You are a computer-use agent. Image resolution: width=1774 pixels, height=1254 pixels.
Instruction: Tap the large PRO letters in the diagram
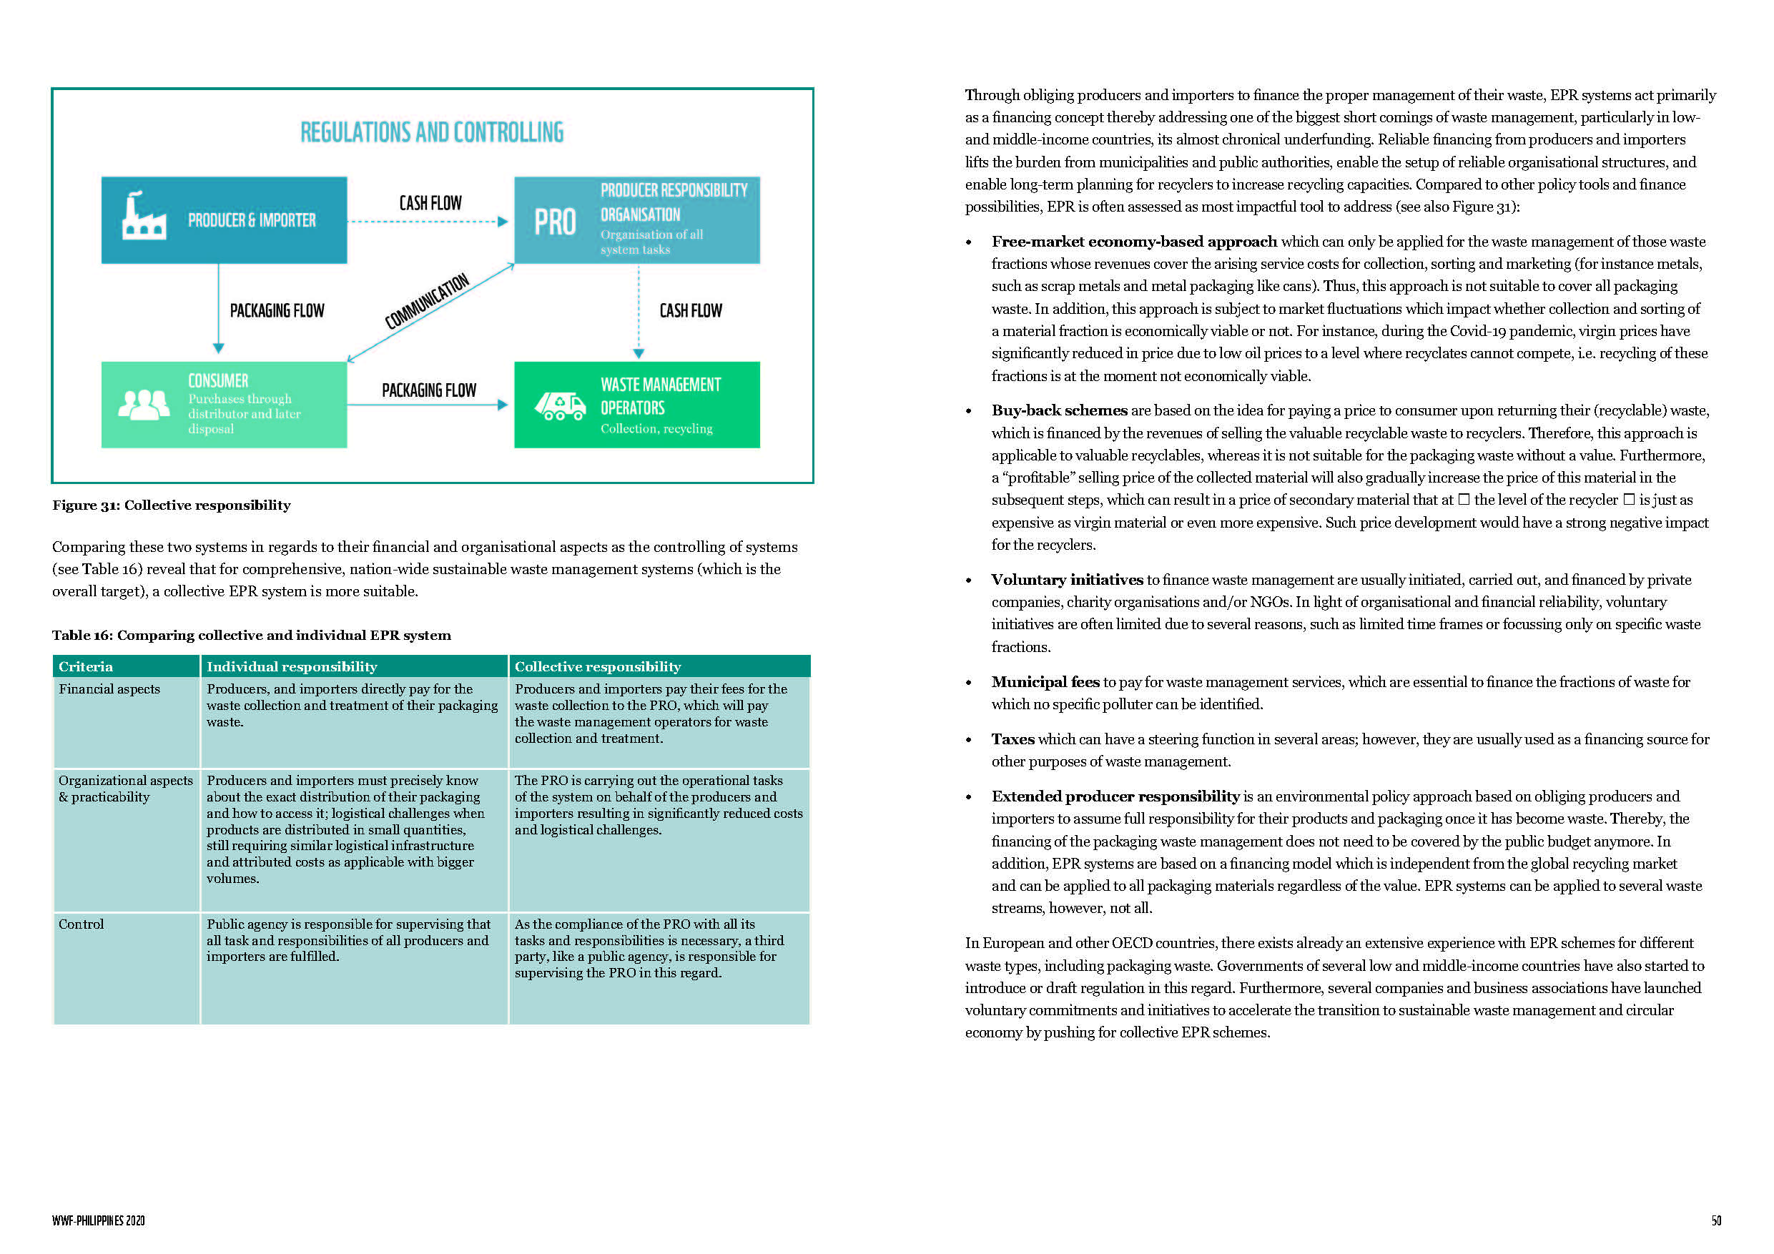(x=555, y=222)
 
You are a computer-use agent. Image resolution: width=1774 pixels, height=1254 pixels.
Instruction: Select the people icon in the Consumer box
(x=144, y=404)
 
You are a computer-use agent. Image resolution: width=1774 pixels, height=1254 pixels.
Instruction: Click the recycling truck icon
(x=560, y=405)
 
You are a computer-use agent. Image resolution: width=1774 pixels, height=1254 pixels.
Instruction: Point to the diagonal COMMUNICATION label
(x=426, y=300)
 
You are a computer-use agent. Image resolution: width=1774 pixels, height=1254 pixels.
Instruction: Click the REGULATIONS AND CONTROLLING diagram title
(x=432, y=132)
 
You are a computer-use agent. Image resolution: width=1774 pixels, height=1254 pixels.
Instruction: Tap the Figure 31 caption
(x=172, y=505)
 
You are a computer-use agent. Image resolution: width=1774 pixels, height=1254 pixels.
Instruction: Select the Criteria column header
(x=86, y=667)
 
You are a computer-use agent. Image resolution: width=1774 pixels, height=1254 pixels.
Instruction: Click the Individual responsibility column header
(x=291, y=667)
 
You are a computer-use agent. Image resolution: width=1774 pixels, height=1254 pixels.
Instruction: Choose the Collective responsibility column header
(x=597, y=667)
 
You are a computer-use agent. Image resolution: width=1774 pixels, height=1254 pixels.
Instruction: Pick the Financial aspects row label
(x=109, y=689)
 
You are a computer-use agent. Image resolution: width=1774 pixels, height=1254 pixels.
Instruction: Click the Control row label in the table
(x=81, y=924)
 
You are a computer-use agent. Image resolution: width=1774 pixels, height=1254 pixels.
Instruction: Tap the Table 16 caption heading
(x=251, y=635)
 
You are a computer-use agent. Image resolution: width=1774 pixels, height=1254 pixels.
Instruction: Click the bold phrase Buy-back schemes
(x=1059, y=410)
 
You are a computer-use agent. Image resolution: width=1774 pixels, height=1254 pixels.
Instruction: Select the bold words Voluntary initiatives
(x=1067, y=580)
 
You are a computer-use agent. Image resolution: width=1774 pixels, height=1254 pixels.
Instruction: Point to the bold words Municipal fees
(x=1045, y=681)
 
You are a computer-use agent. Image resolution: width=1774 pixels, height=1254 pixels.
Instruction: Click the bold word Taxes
(x=1013, y=739)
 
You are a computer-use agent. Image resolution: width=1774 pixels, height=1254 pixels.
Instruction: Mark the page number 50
(x=1716, y=1221)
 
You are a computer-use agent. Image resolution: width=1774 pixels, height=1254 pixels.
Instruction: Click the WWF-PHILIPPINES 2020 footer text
(x=98, y=1221)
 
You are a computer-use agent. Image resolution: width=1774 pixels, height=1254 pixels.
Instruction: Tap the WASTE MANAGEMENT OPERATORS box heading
(x=660, y=395)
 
